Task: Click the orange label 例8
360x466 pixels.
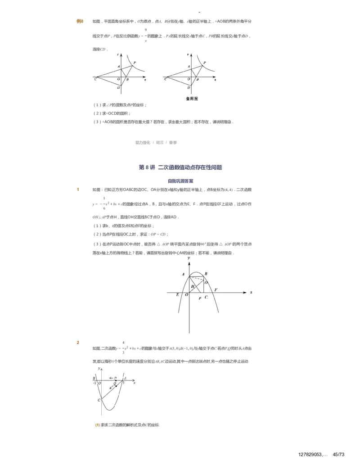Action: click(80, 21)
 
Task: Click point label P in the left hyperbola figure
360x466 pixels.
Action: click(135, 62)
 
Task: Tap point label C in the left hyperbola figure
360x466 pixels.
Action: click(95, 80)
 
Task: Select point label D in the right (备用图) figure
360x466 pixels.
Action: click(189, 88)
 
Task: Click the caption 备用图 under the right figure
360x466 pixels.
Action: click(192, 98)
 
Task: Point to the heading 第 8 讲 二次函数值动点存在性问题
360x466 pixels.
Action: click(180, 167)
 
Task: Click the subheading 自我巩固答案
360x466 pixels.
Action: click(180, 181)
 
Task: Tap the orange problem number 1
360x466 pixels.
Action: click(78, 190)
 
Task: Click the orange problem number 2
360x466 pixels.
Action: click(78, 343)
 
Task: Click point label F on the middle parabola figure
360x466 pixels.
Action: click(216, 290)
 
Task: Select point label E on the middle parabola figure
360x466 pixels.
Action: click(178, 295)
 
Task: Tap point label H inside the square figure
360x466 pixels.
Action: click(192, 286)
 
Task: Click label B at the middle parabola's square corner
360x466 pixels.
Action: click(206, 274)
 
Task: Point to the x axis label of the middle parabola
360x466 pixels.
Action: click(251, 292)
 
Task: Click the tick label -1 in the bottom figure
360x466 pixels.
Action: click(94, 383)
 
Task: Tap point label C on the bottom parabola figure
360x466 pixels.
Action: click(99, 400)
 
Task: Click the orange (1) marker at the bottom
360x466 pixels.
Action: click(97, 425)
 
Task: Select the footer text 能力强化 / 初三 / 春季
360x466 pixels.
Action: click(156, 142)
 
